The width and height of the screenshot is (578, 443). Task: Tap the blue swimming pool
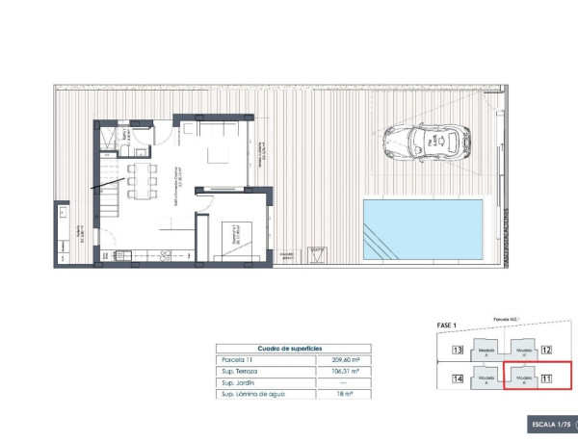click(x=424, y=229)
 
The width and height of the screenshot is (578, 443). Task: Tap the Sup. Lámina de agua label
click(x=255, y=394)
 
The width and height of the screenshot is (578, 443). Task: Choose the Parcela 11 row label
click(x=241, y=359)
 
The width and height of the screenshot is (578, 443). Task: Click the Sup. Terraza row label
click(x=245, y=371)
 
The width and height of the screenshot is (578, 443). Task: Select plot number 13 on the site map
click(x=458, y=351)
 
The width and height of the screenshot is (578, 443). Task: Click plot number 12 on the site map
click(x=546, y=351)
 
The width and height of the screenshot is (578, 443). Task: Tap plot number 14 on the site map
click(x=458, y=378)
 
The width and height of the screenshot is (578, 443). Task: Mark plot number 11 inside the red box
click(x=546, y=378)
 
